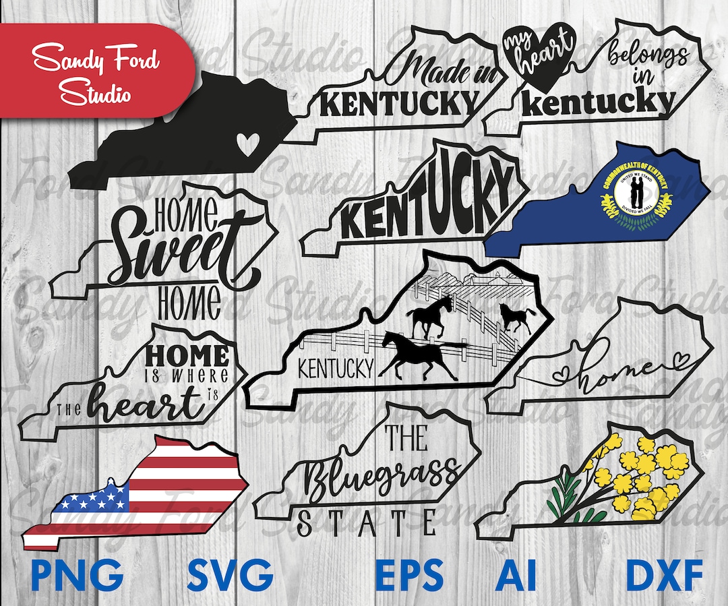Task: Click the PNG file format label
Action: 78,577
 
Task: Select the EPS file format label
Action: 410,577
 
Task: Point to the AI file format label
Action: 516,577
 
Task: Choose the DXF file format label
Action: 664,577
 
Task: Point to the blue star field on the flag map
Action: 95,499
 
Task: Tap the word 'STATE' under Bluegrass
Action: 367,523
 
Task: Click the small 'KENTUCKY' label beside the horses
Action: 336,369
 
